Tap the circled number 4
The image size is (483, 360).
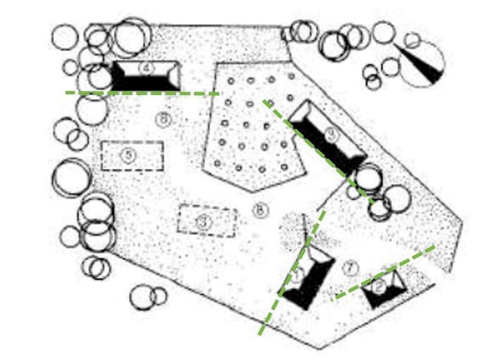(146, 68)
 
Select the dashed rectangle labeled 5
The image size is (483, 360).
(133, 156)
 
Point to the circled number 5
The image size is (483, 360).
(128, 156)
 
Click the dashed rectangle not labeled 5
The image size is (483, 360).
(207, 221)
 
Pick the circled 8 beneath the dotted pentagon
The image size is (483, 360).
(260, 209)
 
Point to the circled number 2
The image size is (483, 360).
(379, 287)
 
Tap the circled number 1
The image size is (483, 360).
(297, 275)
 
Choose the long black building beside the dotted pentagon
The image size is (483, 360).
(327, 137)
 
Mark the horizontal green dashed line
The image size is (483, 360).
(141, 93)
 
